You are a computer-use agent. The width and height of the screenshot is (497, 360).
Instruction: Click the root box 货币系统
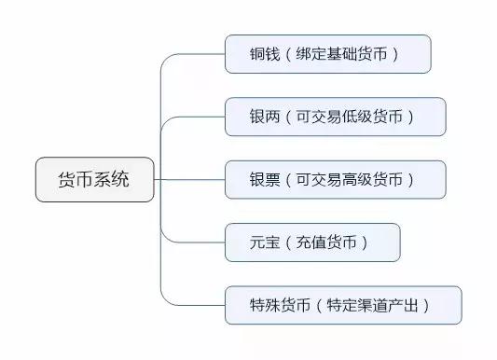pyautogui.click(x=94, y=179)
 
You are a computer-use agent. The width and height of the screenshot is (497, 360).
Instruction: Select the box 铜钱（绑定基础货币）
pyautogui.click(x=327, y=54)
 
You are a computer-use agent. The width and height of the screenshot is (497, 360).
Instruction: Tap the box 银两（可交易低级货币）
pyautogui.click(x=335, y=117)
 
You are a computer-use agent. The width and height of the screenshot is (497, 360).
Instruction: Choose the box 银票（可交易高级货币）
pyautogui.click(x=335, y=179)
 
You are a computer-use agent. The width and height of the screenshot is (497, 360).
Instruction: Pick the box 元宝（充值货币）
pyautogui.click(x=312, y=242)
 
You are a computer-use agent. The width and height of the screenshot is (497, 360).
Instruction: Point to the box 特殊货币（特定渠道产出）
pyautogui.click(x=342, y=304)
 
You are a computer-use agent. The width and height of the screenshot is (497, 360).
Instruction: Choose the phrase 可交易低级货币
pyautogui.click(x=353, y=117)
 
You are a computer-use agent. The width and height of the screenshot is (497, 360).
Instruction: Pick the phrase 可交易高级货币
pyautogui.click(x=353, y=179)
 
